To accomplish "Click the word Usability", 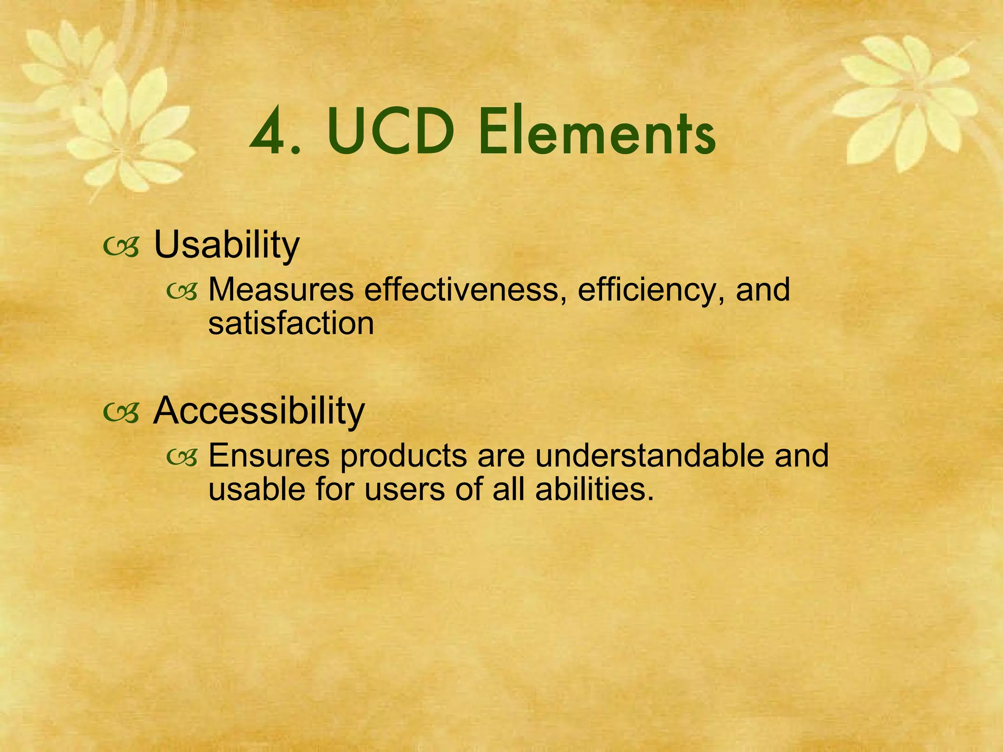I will pos(226,244).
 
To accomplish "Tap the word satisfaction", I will pos(291,324).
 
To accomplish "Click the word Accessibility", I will pos(259,410).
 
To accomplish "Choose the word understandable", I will pos(649,455).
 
